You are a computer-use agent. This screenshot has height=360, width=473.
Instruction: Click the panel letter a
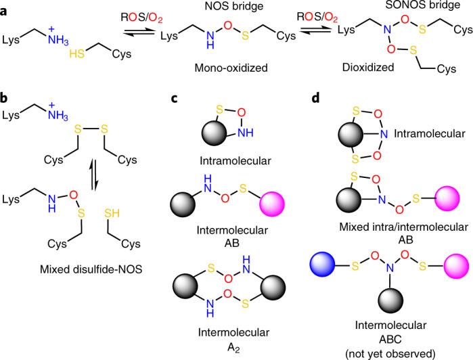[6, 6]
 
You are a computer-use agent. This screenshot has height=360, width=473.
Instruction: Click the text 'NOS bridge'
[212, 6]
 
